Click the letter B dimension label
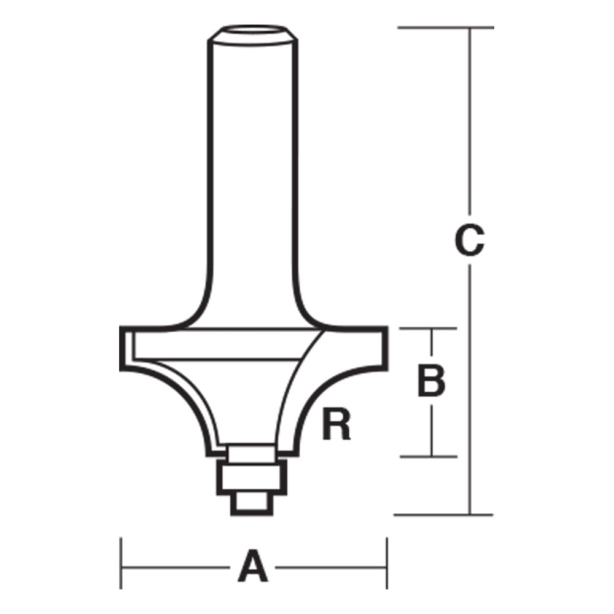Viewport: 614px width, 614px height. pos(431,381)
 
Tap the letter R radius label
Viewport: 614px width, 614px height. pos(336,425)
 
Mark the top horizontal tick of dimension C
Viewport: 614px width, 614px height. pos(445,28)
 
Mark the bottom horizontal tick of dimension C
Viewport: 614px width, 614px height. pos(442,515)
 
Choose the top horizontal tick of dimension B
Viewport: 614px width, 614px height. pos(430,329)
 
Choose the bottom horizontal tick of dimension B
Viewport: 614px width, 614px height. pos(430,456)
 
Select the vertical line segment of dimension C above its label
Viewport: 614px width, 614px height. pos(470,123)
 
